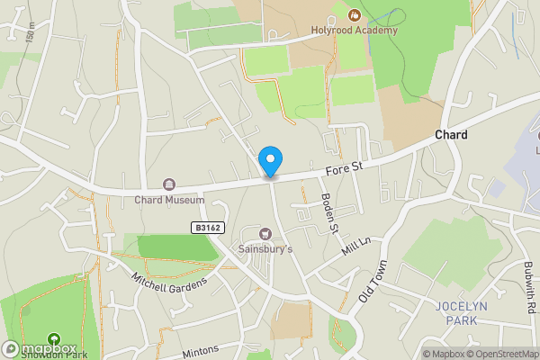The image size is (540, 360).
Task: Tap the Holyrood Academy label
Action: pos(361,31)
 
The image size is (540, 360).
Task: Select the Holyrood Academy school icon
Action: pos(354,14)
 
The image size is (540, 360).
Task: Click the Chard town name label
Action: pos(451,134)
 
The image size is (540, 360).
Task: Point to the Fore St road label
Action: pos(344,166)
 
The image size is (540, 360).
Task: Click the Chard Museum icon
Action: pos(167,184)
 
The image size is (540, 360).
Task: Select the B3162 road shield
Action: pos(206,229)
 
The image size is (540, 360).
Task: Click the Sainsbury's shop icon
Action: pos(265,233)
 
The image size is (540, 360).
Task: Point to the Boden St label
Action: pos(329,214)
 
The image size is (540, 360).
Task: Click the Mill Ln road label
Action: pos(356,250)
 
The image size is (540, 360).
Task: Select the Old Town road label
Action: pos(372,283)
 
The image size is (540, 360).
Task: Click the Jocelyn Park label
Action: pos(462,311)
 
